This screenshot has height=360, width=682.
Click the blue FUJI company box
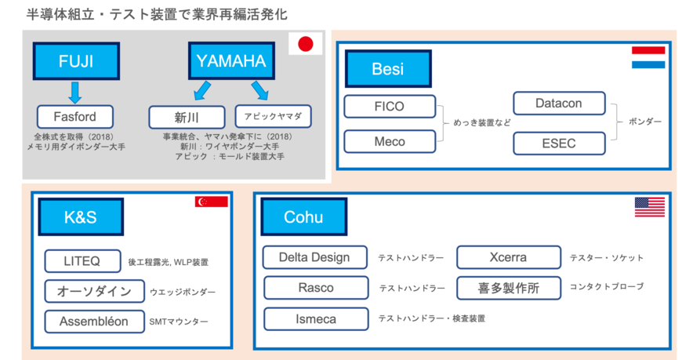(75, 61)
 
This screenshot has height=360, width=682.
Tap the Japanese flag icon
(306, 44)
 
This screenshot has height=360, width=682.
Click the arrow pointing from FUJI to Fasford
(75, 93)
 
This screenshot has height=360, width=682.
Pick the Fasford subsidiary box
(76, 118)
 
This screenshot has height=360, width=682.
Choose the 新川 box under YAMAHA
(183, 118)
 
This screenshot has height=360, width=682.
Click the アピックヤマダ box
(273, 117)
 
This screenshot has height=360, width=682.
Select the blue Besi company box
(388, 69)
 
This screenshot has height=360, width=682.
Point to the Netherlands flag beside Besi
(648, 57)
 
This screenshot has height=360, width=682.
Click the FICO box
(390, 106)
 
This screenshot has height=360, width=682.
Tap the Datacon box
(559, 103)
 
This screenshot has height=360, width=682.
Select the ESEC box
(559, 144)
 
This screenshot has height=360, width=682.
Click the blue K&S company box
(81, 217)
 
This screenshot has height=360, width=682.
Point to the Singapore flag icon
(211, 202)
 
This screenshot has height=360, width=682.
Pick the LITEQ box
(82, 260)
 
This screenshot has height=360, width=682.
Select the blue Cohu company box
(303, 216)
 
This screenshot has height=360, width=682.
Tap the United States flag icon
(650, 207)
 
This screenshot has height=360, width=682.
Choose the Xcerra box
(508, 257)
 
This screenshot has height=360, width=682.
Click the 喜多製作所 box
(509, 287)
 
